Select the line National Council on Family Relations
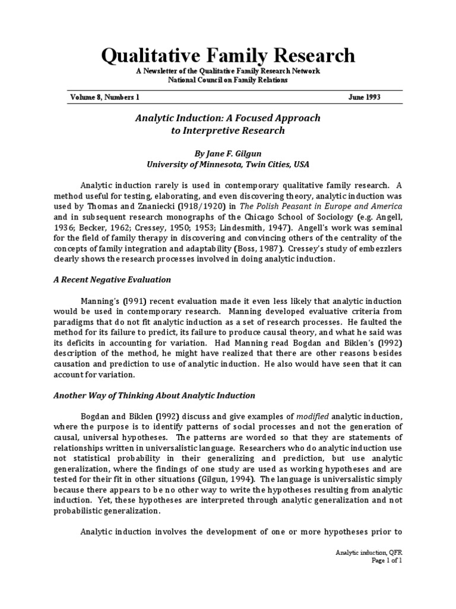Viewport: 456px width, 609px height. coord(228,80)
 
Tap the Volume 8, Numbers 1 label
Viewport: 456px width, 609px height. coord(104,97)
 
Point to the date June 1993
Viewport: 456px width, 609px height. coord(364,97)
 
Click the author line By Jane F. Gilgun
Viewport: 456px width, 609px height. coord(228,152)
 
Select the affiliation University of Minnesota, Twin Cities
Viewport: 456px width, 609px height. coord(228,164)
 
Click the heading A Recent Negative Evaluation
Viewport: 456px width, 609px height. coord(112,280)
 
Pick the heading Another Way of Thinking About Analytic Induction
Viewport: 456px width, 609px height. coord(154,395)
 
